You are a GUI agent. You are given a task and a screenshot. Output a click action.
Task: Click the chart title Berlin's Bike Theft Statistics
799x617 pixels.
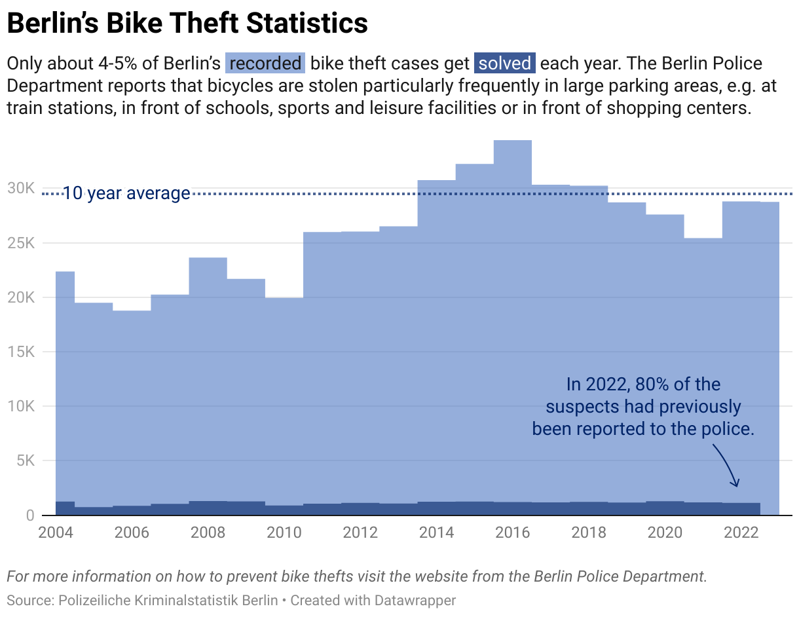[187, 24]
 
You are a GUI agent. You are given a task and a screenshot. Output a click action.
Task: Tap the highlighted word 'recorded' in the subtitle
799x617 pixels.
[266, 64]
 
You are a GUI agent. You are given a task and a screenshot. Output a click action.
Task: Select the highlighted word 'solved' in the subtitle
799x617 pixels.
[504, 64]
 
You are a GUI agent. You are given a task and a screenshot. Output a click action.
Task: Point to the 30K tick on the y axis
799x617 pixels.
[22, 189]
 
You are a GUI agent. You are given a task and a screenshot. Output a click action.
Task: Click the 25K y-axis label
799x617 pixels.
[22, 243]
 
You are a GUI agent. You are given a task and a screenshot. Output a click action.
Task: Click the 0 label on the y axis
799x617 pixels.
[31, 515]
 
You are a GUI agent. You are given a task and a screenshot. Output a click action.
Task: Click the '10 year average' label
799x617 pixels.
[126, 193]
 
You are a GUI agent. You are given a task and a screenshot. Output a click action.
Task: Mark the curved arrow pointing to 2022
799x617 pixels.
[728, 464]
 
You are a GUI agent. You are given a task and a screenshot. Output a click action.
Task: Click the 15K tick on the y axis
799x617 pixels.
[22, 352]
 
